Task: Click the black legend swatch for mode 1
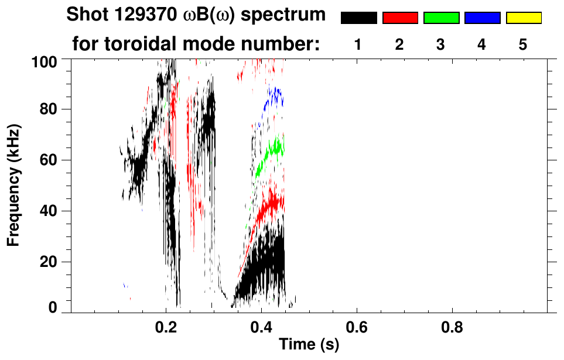[x=358, y=18]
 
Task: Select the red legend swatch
[x=400, y=18]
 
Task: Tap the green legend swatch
[x=441, y=18]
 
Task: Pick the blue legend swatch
[x=482, y=18]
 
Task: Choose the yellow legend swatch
[x=524, y=18]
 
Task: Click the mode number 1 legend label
[x=358, y=44]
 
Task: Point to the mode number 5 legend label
[x=523, y=44]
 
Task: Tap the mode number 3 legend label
[x=440, y=44]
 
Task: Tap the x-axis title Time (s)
[x=309, y=345]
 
